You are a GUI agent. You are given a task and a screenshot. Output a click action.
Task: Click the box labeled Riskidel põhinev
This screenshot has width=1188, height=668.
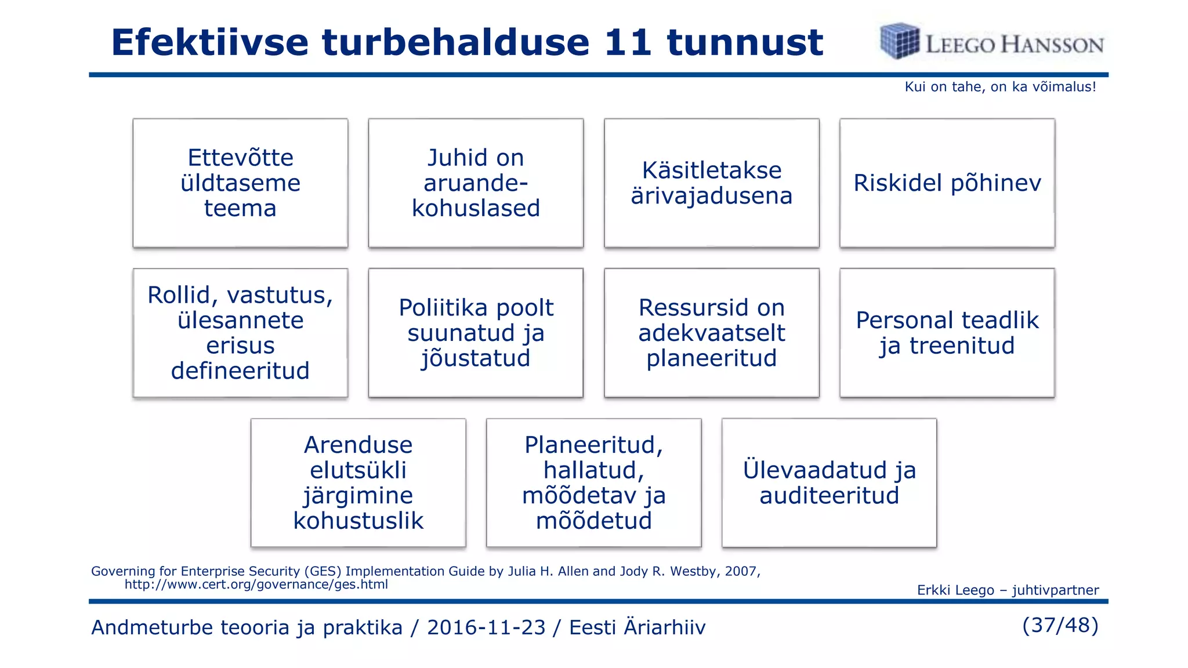[x=947, y=183]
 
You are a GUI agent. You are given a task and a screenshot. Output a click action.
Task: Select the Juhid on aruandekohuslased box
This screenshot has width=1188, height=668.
[x=476, y=183]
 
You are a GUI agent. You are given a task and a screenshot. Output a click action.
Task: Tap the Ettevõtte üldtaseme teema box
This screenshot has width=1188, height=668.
[x=240, y=183]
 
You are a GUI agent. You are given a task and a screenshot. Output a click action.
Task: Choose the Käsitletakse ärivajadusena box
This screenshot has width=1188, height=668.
[x=711, y=183]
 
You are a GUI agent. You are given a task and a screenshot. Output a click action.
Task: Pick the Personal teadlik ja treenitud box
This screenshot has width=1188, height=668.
[x=947, y=333]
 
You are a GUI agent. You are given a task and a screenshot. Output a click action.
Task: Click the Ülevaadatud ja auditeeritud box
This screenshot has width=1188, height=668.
[x=829, y=482]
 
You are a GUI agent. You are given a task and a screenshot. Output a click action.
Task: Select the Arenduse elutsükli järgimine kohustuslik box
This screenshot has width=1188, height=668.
[x=358, y=482]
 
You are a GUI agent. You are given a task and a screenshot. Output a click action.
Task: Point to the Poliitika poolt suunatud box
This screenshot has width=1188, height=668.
[x=476, y=333]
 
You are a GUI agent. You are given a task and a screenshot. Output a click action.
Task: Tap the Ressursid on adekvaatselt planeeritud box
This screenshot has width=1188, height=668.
[x=711, y=333]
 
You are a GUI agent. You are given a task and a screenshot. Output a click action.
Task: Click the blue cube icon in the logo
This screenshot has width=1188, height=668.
[x=899, y=41]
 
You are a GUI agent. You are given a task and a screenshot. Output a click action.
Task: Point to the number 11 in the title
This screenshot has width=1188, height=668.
[x=628, y=42]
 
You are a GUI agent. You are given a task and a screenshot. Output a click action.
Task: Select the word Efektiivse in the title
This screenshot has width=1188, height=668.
[x=209, y=42]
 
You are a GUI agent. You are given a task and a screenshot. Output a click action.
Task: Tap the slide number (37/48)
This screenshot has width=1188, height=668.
[x=1060, y=625]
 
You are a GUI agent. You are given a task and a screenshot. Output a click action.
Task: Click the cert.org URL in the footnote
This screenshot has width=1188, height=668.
[x=256, y=584]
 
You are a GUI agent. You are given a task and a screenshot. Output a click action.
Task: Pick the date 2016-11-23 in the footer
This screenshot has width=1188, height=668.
[x=486, y=627]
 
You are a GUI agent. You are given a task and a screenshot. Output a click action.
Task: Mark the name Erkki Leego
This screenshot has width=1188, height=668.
[x=955, y=590]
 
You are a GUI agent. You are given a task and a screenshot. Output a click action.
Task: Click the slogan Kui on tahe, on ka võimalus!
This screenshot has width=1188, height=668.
[x=1000, y=87]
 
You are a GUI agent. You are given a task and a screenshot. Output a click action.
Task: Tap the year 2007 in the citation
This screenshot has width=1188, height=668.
[x=740, y=571]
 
